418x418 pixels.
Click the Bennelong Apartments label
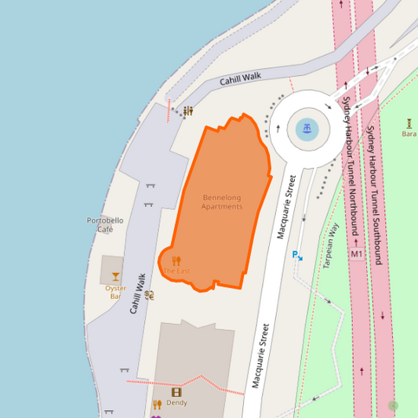[x=222, y=202]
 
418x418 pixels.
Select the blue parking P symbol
[x=296, y=255]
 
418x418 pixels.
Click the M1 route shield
[x=357, y=254]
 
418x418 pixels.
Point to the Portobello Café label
[x=105, y=225]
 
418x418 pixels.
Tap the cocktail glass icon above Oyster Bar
[x=116, y=276]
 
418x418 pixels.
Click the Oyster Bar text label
[x=116, y=292]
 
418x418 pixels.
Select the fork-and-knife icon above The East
[x=176, y=260]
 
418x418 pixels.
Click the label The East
[x=176, y=271]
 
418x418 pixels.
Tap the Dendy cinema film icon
[x=176, y=392]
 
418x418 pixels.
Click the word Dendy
[x=176, y=402]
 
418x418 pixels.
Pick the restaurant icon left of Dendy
[x=157, y=405]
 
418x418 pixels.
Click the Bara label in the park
[x=409, y=133]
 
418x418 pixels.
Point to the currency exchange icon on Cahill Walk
[x=150, y=295]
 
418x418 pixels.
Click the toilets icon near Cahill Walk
[x=188, y=111]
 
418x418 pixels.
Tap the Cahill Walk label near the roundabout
[x=240, y=78]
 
